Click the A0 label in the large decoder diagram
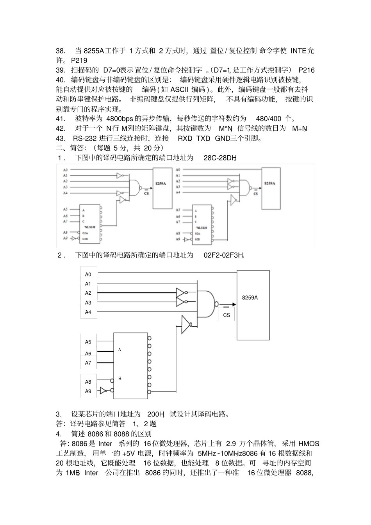click(x=88, y=274)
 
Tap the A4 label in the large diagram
click(x=88, y=312)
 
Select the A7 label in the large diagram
click(x=88, y=363)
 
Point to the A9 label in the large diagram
click(x=88, y=391)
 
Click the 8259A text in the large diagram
click(x=250, y=297)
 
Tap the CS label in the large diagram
click(x=227, y=315)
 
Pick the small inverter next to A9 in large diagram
click(x=103, y=390)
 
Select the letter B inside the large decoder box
click(x=120, y=379)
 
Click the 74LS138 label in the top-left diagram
click(x=89, y=227)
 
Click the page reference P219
click(x=79, y=61)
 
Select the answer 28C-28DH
click(x=220, y=158)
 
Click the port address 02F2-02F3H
click(x=223, y=255)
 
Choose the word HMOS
click(x=309, y=443)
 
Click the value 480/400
click(x=268, y=119)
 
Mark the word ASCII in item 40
click(x=180, y=89)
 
